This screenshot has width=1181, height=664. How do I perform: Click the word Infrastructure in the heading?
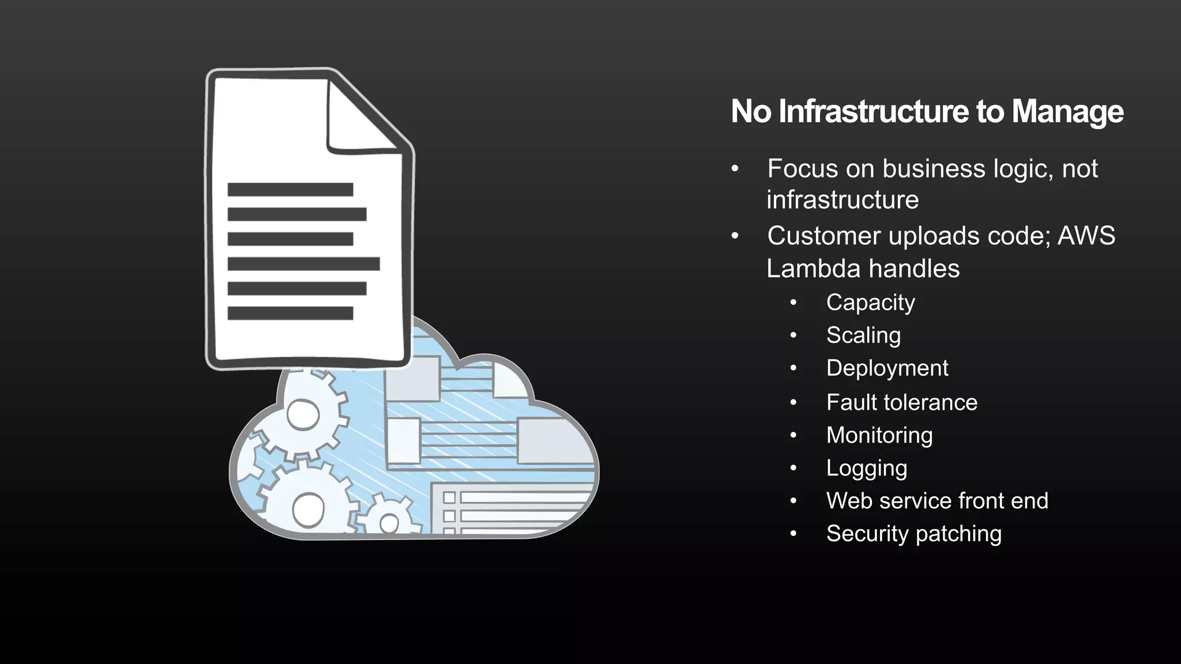pos(874,111)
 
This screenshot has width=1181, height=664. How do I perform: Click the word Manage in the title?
pos(1067,111)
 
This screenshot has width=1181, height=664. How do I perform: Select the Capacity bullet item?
pos(870,303)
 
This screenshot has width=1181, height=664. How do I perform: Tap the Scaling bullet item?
pos(863,335)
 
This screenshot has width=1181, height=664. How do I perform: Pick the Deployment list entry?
pos(887,368)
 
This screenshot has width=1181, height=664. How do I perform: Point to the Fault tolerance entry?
pos(901,402)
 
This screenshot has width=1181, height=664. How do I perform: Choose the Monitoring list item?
pos(879,435)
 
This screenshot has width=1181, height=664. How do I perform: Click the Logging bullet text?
pos(867,468)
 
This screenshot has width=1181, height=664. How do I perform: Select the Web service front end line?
pos(937,501)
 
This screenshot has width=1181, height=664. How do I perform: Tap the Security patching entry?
pos(913,534)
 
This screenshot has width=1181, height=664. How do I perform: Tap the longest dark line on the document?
pos(303,264)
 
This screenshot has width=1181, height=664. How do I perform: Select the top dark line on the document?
pos(290,190)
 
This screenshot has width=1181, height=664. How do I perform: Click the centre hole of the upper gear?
pos(303,415)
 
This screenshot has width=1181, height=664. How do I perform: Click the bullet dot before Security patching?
pos(793,534)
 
